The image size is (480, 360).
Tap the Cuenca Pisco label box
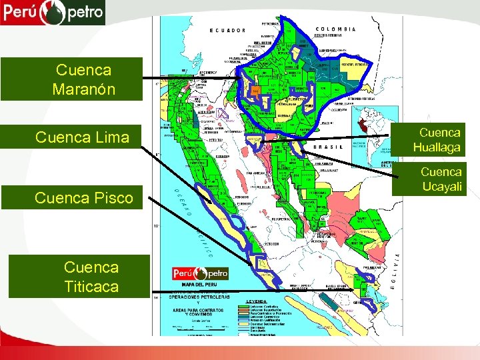pyautogui.click(x=85, y=197)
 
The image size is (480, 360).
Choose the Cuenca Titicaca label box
pyautogui.click(x=91, y=277)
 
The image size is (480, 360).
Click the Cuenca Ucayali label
pyautogui.click(x=441, y=179)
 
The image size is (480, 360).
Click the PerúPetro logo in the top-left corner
pyautogui.click(x=53, y=12)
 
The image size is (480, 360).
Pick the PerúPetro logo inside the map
pyautogui.click(x=200, y=273)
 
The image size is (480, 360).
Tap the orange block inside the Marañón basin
pyautogui.click(x=256, y=89)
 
